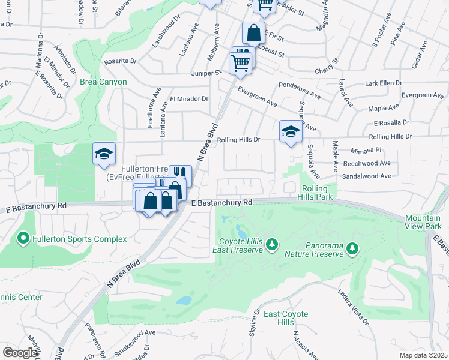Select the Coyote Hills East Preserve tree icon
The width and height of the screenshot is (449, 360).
point(273,244)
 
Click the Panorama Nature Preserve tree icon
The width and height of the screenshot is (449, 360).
point(352,248)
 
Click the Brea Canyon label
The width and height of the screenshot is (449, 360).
point(103,82)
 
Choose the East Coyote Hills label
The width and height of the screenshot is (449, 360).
point(286,319)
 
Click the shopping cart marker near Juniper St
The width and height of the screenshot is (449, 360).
point(240,62)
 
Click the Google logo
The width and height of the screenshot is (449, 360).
point(20,353)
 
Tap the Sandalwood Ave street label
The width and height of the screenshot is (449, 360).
point(366,176)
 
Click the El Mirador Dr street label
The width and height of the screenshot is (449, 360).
point(188,99)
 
